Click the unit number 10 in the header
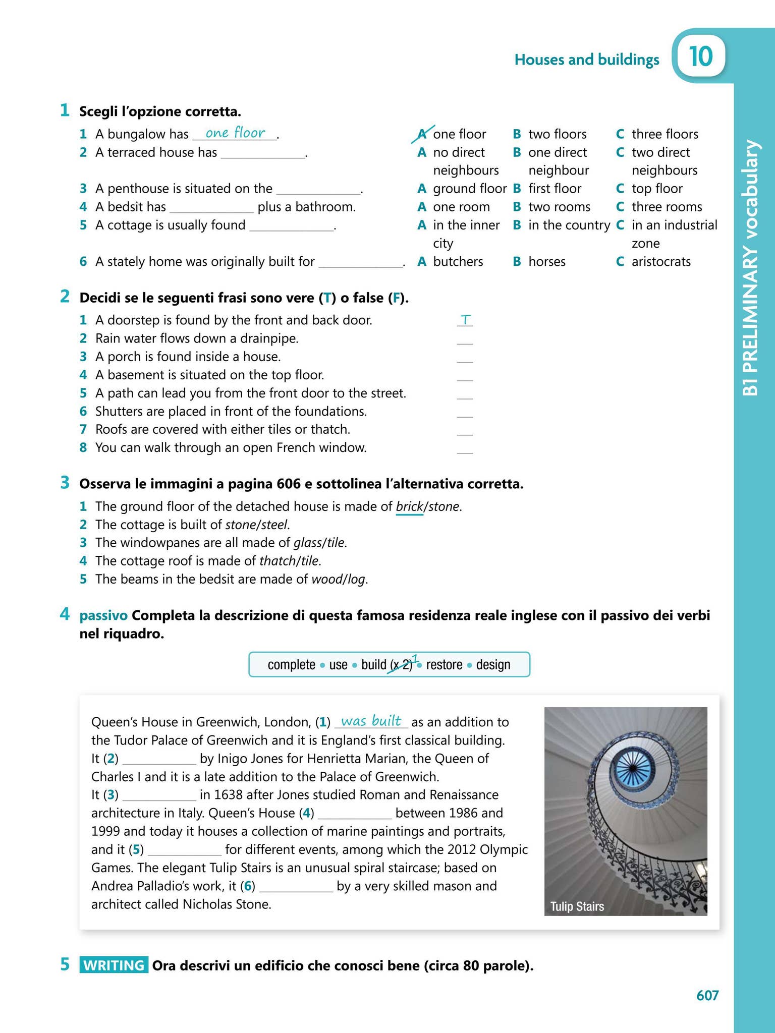(x=700, y=56)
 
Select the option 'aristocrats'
(x=660, y=262)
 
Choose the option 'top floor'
(x=656, y=189)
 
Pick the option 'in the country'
(x=569, y=225)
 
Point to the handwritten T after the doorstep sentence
(x=465, y=319)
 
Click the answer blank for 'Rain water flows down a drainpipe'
(x=465, y=339)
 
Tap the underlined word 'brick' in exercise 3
(x=409, y=506)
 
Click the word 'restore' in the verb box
(x=444, y=665)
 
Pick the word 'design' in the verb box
(x=493, y=665)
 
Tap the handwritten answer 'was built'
(x=371, y=721)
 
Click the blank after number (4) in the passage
(x=355, y=813)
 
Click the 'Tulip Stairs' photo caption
(x=577, y=906)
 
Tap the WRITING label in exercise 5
(x=114, y=965)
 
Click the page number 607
(x=707, y=995)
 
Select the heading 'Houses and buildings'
(x=586, y=60)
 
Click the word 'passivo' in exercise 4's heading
(x=103, y=615)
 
